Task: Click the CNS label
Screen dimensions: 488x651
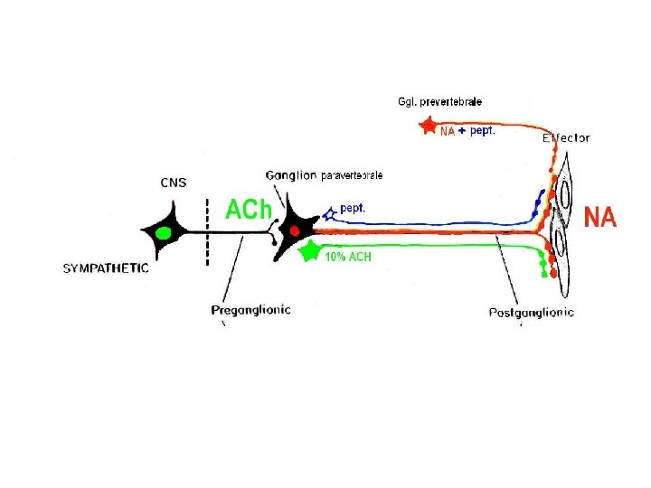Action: (174, 183)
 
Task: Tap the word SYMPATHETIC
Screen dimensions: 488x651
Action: (106, 268)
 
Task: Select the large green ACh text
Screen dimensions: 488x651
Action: (248, 211)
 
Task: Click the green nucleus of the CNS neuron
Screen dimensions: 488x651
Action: (164, 233)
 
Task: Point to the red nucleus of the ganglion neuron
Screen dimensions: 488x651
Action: (295, 231)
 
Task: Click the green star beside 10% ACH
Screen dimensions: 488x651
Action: (311, 250)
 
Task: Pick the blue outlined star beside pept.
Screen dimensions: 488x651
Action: (330, 212)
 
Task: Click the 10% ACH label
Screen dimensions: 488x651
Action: (348, 258)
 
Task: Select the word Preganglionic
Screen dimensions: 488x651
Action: (250, 310)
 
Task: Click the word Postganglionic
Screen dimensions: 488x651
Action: (531, 313)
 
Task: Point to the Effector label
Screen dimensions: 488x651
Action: (566, 138)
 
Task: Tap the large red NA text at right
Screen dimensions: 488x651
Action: (600, 218)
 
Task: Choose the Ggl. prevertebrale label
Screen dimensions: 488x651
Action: (440, 102)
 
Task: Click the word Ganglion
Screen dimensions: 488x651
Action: (292, 175)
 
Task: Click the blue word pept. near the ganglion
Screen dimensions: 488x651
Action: (353, 208)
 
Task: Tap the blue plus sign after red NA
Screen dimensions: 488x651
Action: (462, 131)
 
